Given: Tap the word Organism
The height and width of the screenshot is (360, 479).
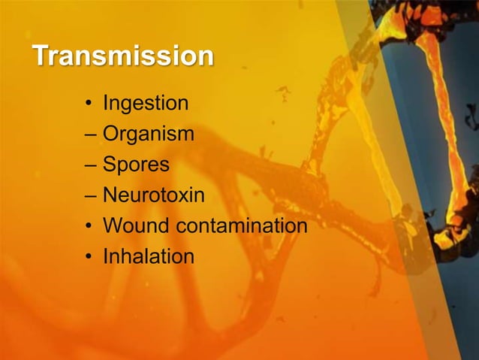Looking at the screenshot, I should (x=148, y=135).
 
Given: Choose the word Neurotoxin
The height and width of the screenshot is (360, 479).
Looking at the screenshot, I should (x=153, y=195).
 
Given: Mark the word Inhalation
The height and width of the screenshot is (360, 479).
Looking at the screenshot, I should (x=148, y=256).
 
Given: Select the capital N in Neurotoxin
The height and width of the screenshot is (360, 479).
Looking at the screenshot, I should (x=110, y=195).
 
